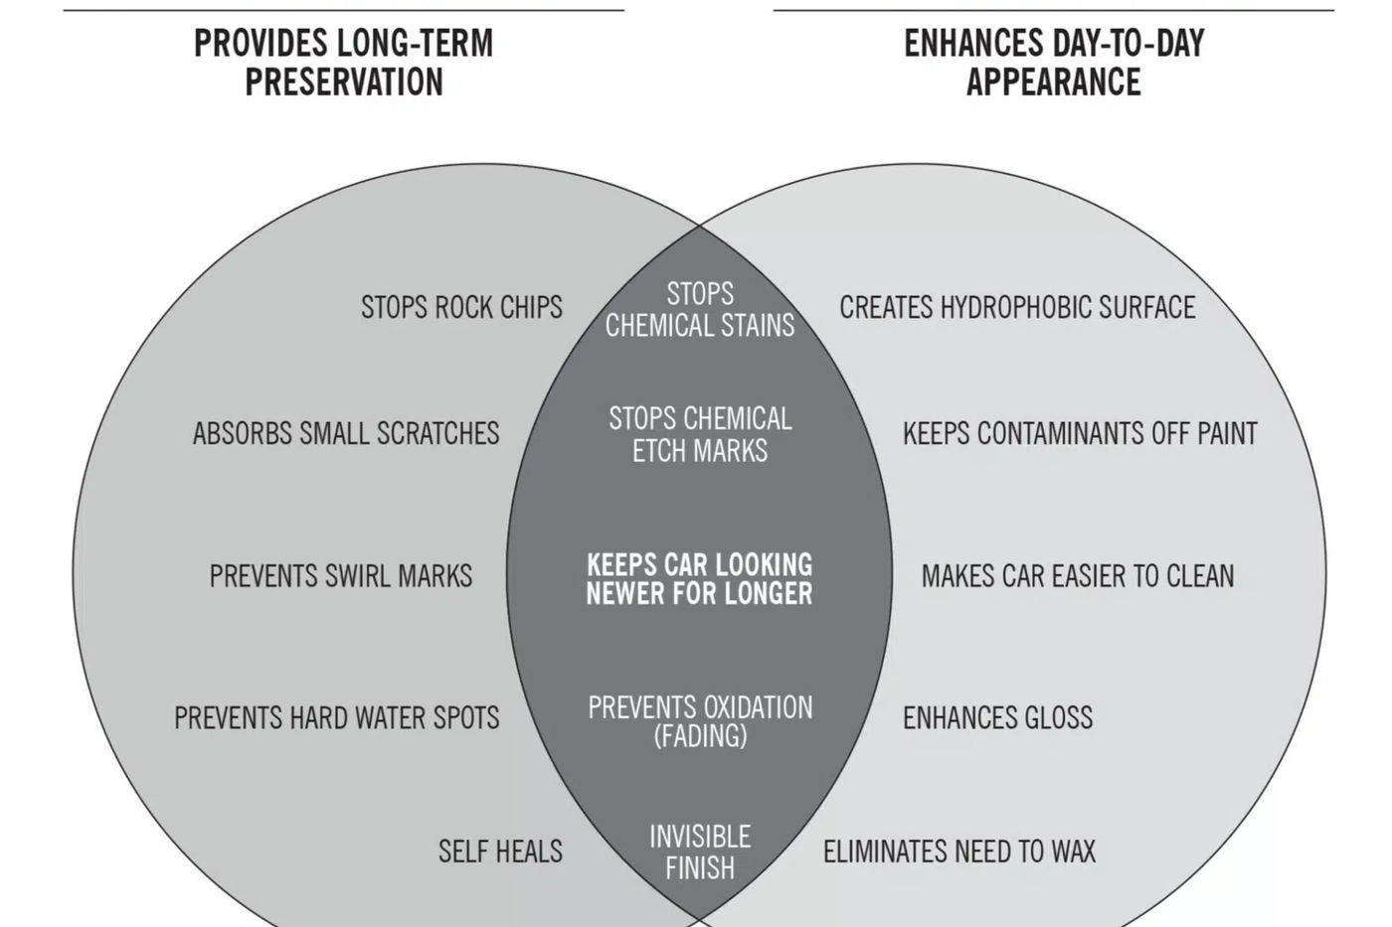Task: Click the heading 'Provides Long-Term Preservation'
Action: click(344, 62)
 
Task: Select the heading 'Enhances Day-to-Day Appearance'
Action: click(1054, 62)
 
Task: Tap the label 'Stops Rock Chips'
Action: click(461, 307)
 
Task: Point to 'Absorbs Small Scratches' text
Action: click(346, 433)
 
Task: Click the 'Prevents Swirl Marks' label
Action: click(340, 576)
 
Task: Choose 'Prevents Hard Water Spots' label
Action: click(337, 717)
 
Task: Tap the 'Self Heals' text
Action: click(500, 851)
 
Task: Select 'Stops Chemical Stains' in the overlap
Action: click(700, 309)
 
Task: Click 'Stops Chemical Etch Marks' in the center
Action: click(700, 434)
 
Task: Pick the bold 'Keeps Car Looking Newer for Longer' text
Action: click(699, 578)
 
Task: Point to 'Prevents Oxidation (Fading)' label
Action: click(700, 721)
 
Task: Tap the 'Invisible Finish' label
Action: click(700, 851)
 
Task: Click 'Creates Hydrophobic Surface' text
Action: click(1017, 307)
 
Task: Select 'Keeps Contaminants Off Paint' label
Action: click(1080, 433)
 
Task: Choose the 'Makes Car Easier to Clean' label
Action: click(1078, 576)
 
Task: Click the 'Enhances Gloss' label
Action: click(997, 717)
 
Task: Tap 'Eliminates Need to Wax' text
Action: click(959, 851)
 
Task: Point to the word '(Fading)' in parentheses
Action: click(700, 736)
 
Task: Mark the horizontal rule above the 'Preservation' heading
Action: click(344, 10)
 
